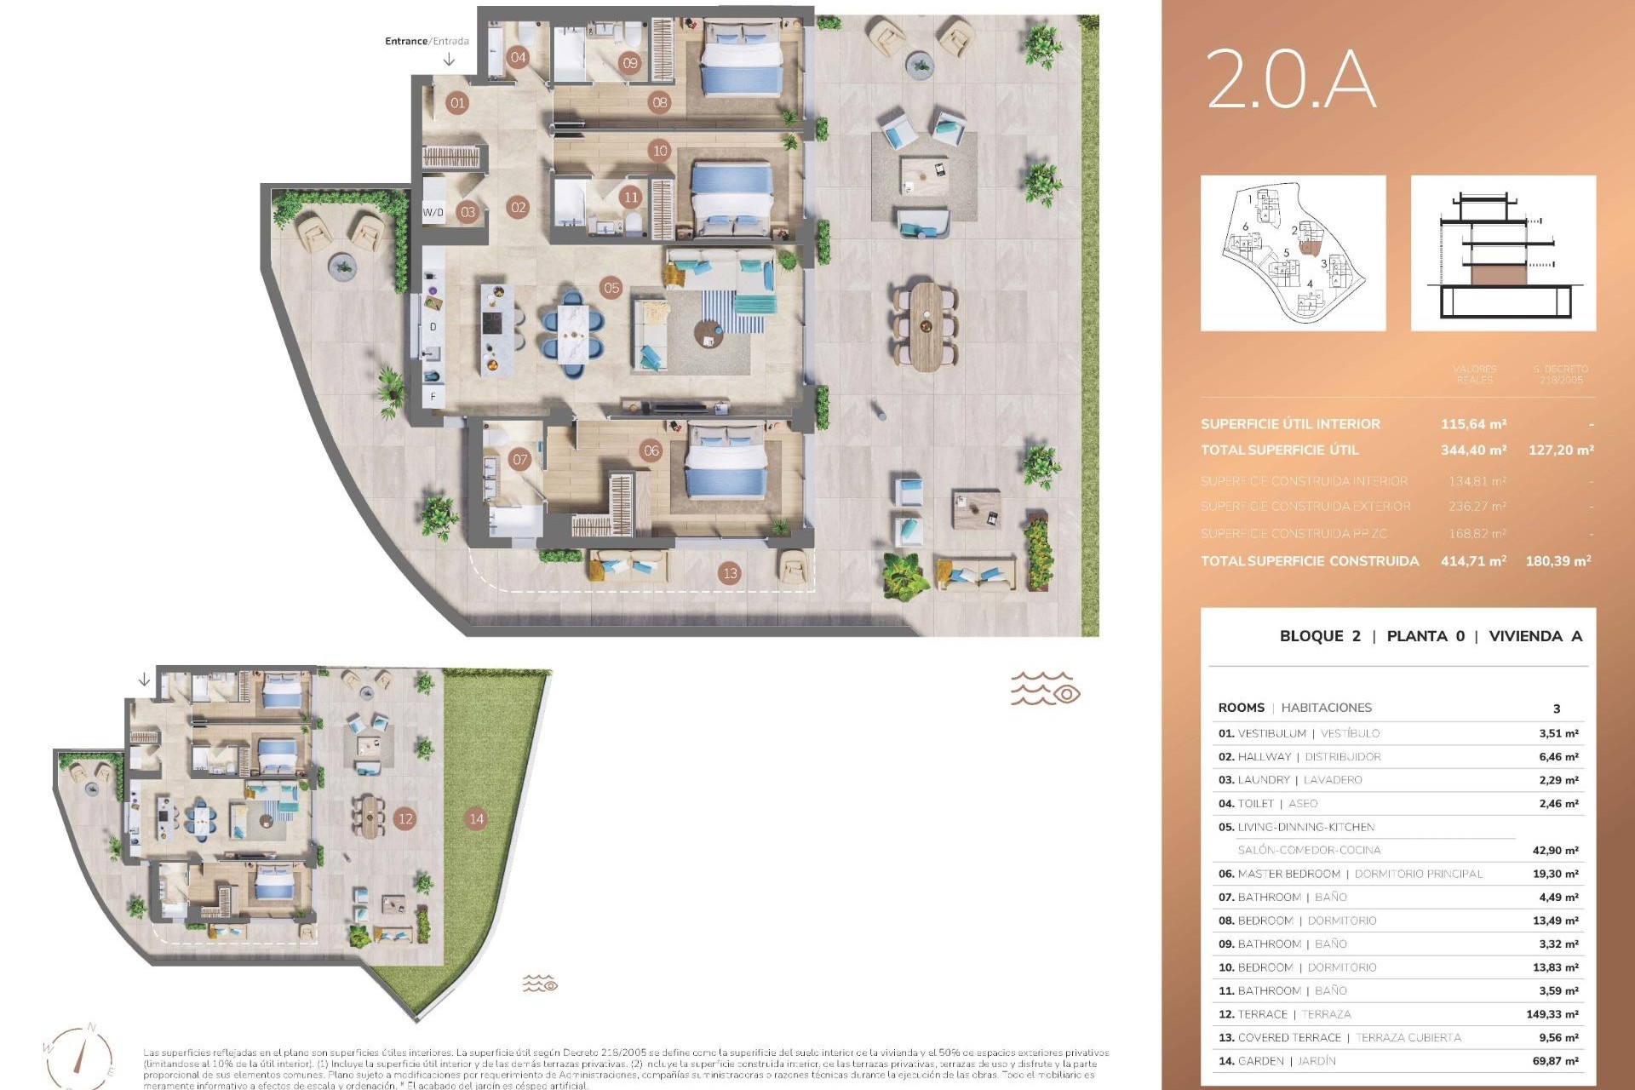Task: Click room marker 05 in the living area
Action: [611, 288]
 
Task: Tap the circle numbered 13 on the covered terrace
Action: [729, 573]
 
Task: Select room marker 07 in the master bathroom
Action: [519, 460]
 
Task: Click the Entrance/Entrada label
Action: [427, 41]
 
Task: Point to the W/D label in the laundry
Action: [433, 213]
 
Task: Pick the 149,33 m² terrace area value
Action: [1552, 1014]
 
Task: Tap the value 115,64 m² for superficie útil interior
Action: [1473, 424]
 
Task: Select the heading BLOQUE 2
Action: [1319, 636]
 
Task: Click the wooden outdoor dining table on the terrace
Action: [926, 326]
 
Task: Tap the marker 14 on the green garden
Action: [476, 819]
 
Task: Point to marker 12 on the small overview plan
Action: [405, 819]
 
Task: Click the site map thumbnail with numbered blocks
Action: [1293, 253]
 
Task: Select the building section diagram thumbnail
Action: [1503, 253]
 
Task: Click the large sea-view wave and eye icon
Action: [1045, 688]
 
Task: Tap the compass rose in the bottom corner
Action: [78, 1056]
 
